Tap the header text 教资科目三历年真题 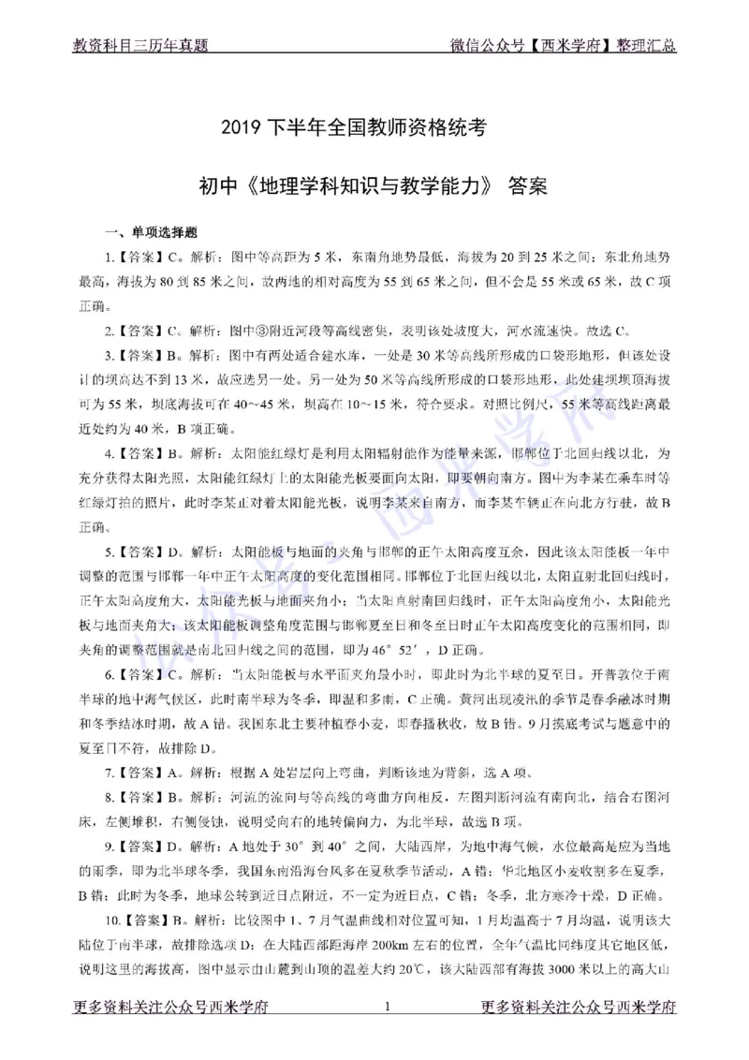pos(140,44)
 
